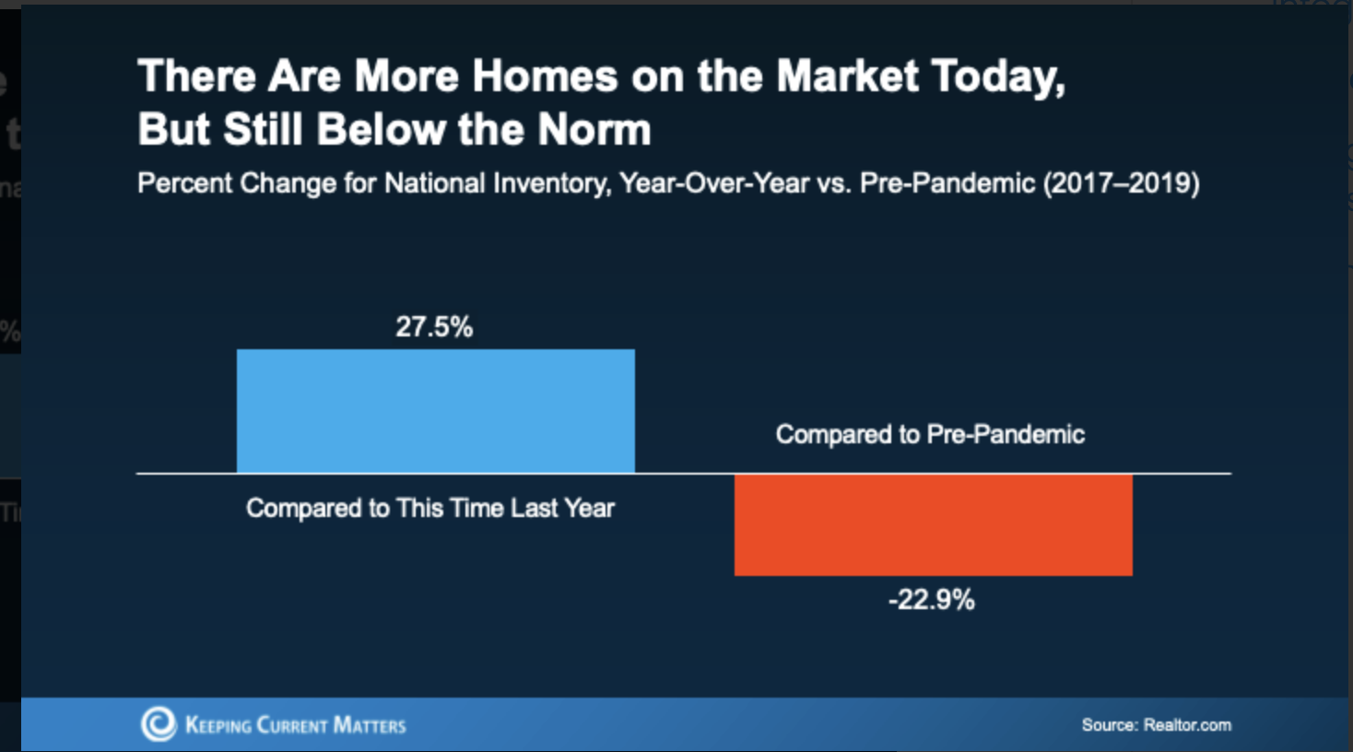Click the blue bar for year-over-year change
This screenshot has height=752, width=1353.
coord(435,411)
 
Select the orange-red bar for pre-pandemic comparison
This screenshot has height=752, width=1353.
coord(933,524)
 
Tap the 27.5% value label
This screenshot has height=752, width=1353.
coord(434,327)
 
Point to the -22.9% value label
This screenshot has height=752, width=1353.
coord(931,600)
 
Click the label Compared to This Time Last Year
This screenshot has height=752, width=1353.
coord(429,509)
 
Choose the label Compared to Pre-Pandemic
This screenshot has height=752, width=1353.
coord(930,434)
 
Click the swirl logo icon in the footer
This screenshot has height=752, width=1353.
coord(159,724)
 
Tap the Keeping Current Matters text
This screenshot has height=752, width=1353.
coord(295,725)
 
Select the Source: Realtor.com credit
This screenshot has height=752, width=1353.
coord(1156,725)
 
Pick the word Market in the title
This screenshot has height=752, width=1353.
coord(847,76)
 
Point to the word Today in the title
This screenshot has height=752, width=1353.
coord(997,76)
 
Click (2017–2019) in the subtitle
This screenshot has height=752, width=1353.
coord(1121,183)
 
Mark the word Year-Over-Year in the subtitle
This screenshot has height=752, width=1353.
coord(714,183)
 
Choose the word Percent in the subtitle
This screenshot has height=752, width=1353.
coord(185,183)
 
